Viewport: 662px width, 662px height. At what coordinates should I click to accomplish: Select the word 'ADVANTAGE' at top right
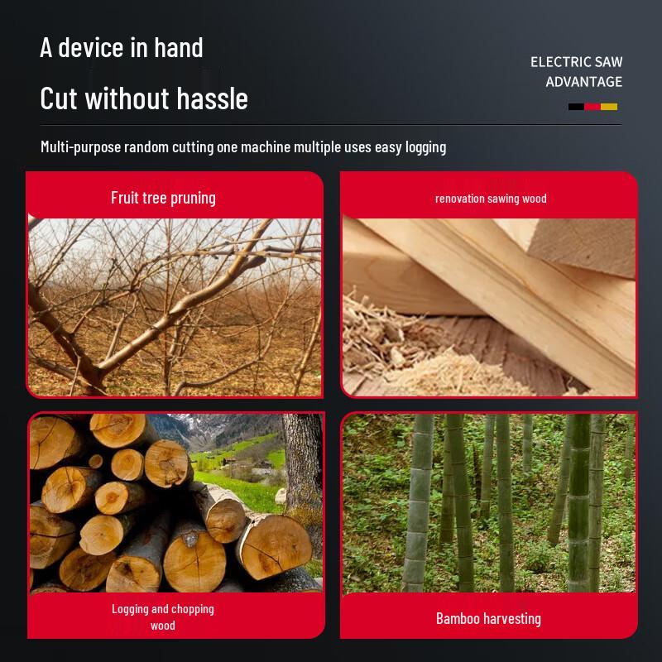point(583,81)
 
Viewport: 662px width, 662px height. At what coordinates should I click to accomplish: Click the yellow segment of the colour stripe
point(609,107)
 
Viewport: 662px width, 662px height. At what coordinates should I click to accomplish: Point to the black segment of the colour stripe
point(576,107)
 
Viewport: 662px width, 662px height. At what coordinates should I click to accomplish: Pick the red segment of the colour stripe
point(592,107)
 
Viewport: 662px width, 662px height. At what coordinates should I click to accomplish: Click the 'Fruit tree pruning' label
point(163,198)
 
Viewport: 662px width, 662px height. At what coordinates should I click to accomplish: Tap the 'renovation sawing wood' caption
point(491,199)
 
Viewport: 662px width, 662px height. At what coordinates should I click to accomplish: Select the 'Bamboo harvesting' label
point(488,618)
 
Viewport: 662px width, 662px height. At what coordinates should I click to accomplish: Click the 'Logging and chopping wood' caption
point(163,616)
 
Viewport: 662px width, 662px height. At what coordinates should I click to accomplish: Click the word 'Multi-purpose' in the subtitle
point(80,147)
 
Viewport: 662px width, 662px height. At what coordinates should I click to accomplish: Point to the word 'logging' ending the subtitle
point(425,147)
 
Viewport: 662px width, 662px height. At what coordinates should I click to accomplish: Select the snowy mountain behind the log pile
point(219,427)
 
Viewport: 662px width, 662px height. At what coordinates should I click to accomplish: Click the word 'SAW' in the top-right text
point(608,62)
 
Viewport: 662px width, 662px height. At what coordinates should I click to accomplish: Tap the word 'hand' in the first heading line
point(179,47)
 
